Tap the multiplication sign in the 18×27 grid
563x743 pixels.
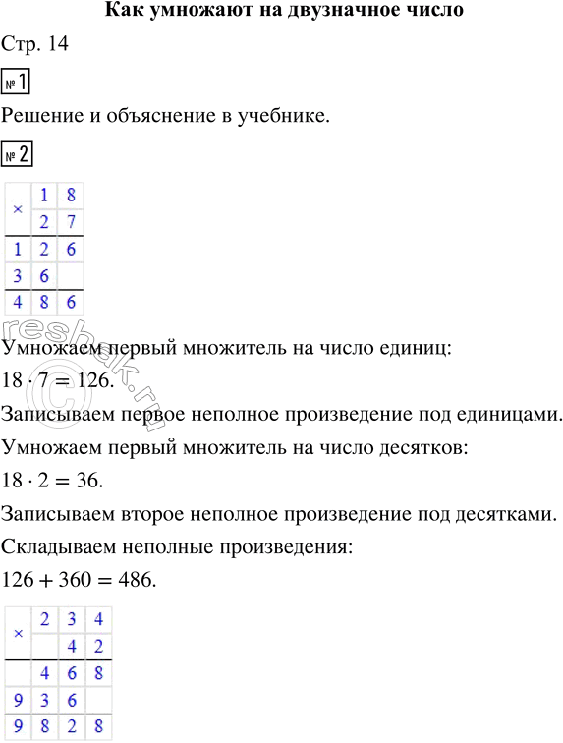coord(18,209)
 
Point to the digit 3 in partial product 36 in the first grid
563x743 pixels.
coord(18,276)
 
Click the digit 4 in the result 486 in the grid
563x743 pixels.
coord(18,303)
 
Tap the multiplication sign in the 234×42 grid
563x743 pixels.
coord(18,633)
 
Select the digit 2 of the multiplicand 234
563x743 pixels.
coord(44,620)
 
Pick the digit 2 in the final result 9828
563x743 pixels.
coord(71,728)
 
